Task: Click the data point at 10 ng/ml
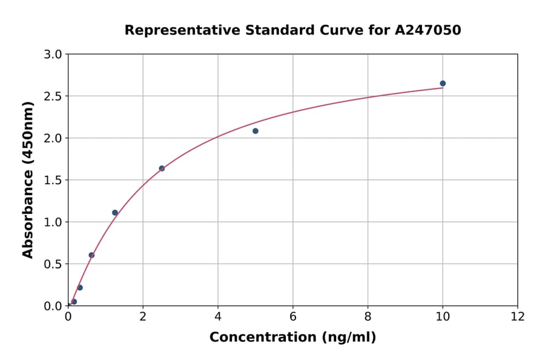tap(443, 84)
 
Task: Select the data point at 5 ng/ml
tap(256, 131)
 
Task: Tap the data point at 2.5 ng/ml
tap(162, 168)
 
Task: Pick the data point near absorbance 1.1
tap(115, 213)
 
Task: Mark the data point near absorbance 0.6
tap(91, 255)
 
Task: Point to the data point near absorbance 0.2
tap(80, 288)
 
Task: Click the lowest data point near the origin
tap(74, 302)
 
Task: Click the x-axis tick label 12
tap(518, 317)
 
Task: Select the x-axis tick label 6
tap(293, 317)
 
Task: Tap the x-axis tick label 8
tap(368, 317)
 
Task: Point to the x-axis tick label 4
tap(218, 317)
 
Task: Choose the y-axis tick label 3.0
tap(54, 55)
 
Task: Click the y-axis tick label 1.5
tap(54, 180)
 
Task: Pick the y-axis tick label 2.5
tap(54, 96)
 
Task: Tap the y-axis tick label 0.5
tap(54, 264)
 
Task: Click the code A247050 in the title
tap(428, 30)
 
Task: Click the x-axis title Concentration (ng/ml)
tap(292, 338)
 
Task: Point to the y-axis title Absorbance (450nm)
tap(28, 179)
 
